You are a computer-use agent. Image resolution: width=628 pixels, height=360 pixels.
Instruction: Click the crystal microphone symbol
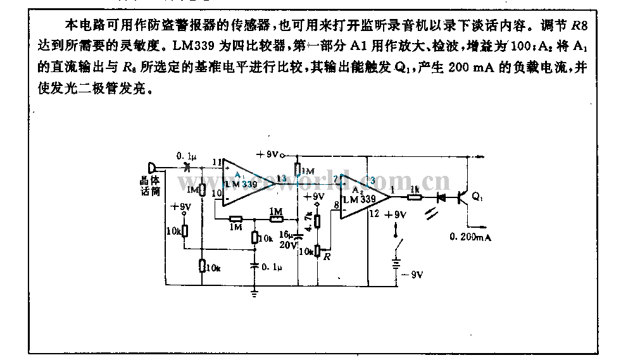pyautogui.click(x=152, y=168)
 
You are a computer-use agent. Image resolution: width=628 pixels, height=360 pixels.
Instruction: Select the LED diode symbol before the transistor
pyautogui.click(x=441, y=197)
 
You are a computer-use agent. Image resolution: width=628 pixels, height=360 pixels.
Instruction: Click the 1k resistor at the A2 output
pyautogui.click(x=414, y=197)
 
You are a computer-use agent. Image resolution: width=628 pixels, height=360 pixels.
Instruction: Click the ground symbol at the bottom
pyautogui.click(x=254, y=292)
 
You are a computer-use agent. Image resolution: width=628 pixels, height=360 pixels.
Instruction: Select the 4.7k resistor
pyautogui.click(x=317, y=221)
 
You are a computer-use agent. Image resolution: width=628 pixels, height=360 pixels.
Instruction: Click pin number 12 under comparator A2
pyautogui.click(x=374, y=214)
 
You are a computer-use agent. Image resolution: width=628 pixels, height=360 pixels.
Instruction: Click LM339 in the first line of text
pyautogui.click(x=181, y=46)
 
